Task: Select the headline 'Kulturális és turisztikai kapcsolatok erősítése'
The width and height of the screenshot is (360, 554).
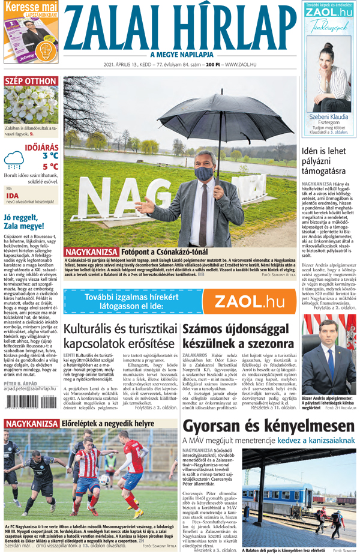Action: point(120,337)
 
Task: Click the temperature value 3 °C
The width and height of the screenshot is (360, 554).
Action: point(50,155)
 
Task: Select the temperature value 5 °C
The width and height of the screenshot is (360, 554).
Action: point(50,167)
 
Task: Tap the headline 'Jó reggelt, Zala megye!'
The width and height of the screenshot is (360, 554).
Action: point(28,221)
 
